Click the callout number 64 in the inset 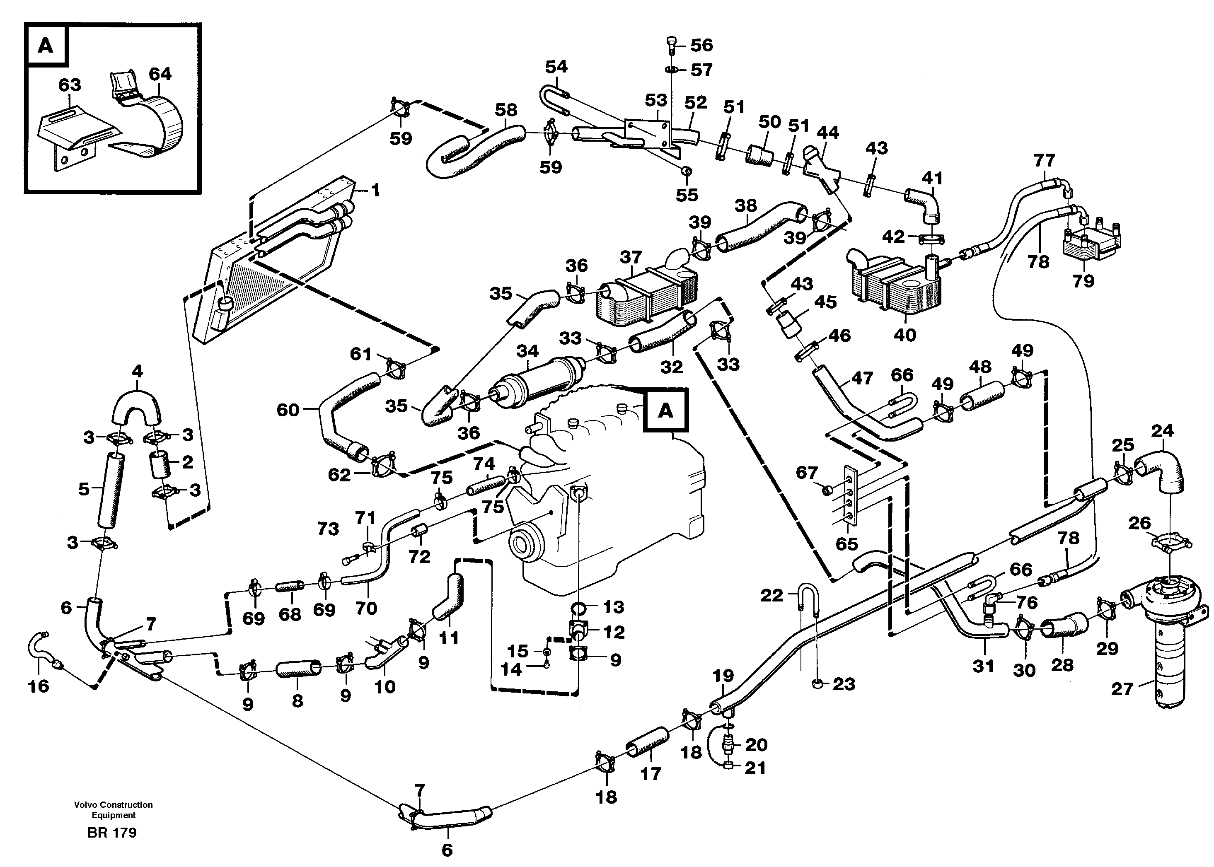[160, 74]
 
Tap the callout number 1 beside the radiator [375, 190]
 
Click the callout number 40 [904, 335]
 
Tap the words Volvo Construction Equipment [114, 810]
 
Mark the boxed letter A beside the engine [666, 410]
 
